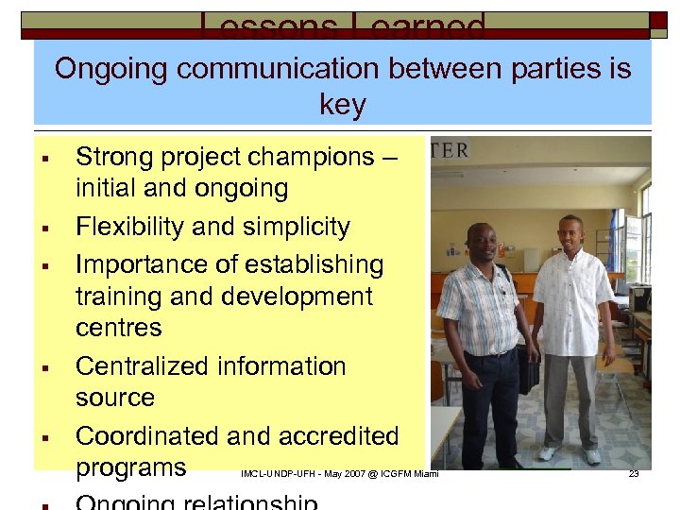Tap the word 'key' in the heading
point(343,104)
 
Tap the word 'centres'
point(119,328)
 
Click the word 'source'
point(114,398)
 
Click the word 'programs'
point(131,468)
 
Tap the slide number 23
point(634,474)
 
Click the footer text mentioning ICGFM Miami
point(340,474)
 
